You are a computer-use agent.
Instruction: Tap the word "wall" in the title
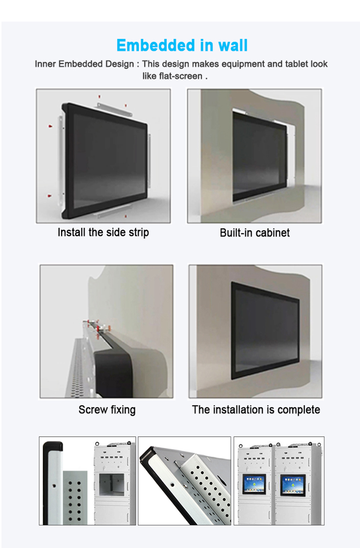[233, 46]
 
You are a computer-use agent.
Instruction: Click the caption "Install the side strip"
[104, 232]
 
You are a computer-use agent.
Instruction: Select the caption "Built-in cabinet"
[255, 233]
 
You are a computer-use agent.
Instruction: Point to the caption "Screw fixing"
[107, 410]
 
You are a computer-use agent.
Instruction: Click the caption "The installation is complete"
[256, 410]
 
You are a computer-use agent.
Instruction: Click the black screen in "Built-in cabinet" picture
[260, 156]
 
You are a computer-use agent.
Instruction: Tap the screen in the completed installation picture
[265, 332]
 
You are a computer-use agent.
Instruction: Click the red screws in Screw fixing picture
[98, 327]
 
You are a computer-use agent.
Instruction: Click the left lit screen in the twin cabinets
[254, 484]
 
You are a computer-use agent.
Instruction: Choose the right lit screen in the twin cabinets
[292, 485]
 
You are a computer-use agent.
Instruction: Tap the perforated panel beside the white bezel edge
[75, 498]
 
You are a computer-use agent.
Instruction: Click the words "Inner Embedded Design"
[84, 64]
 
